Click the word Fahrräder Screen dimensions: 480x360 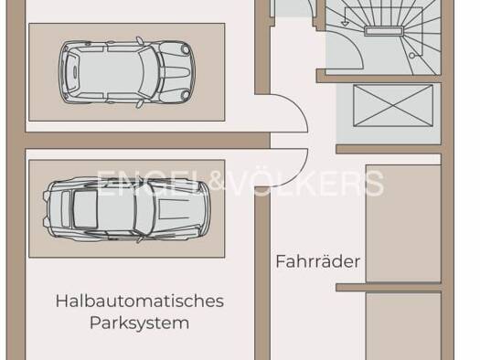pyautogui.click(x=318, y=261)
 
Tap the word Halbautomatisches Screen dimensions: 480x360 pyautogui.click(x=140, y=301)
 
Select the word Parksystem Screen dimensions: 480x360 pyautogui.click(x=140, y=323)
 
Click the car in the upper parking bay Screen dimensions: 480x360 pyautogui.click(x=127, y=72)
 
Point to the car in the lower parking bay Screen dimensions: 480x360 pyautogui.click(x=127, y=209)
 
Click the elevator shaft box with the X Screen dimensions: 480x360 pyautogui.click(x=393, y=105)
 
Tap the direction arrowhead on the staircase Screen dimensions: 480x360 pyautogui.click(x=345, y=23)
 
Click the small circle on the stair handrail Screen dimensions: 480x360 pyautogui.click(x=412, y=56)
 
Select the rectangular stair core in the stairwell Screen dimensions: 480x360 pyautogui.click(x=384, y=30)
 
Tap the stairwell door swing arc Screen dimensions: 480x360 pyautogui.click(x=355, y=48)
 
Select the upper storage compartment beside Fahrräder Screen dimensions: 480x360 pyautogui.click(x=403, y=224)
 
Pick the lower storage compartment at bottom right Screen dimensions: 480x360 pyautogui.click(x=403, y=326)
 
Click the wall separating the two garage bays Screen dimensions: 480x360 pyautogui.click(x=147, y=141)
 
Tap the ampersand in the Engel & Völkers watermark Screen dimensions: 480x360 pyautogui.click(x=220, y=183)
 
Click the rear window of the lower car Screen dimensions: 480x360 pyautogui.click(x=85, y=209)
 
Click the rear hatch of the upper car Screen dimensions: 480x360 pyautogui.click(x=73, y=72)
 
